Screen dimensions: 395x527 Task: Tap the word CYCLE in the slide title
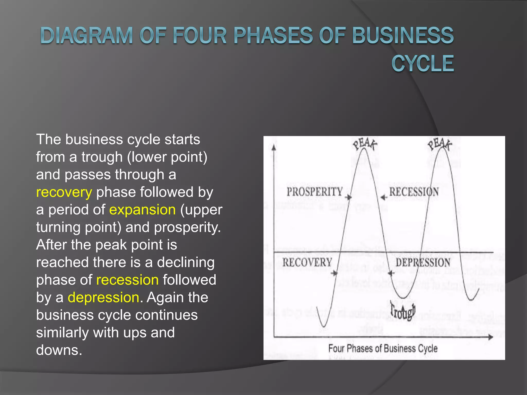point(423,64)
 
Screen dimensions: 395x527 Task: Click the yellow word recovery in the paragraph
point(64,192)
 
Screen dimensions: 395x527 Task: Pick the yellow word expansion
point(142,210)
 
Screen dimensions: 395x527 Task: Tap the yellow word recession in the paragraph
point(127,280)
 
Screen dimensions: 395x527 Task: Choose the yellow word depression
point(103,298)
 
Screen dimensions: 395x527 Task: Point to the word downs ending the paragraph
point(59,350)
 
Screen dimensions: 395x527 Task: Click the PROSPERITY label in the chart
point(315,192)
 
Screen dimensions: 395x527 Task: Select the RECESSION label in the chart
point(414,192)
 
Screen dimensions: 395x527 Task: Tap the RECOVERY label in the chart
point(307,263)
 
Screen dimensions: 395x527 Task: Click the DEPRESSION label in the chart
point(423,263)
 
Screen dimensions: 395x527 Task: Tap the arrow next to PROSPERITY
point(348,197)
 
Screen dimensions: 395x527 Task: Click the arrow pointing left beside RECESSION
point(384,197)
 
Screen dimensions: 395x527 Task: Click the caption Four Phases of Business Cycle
point(383,349)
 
